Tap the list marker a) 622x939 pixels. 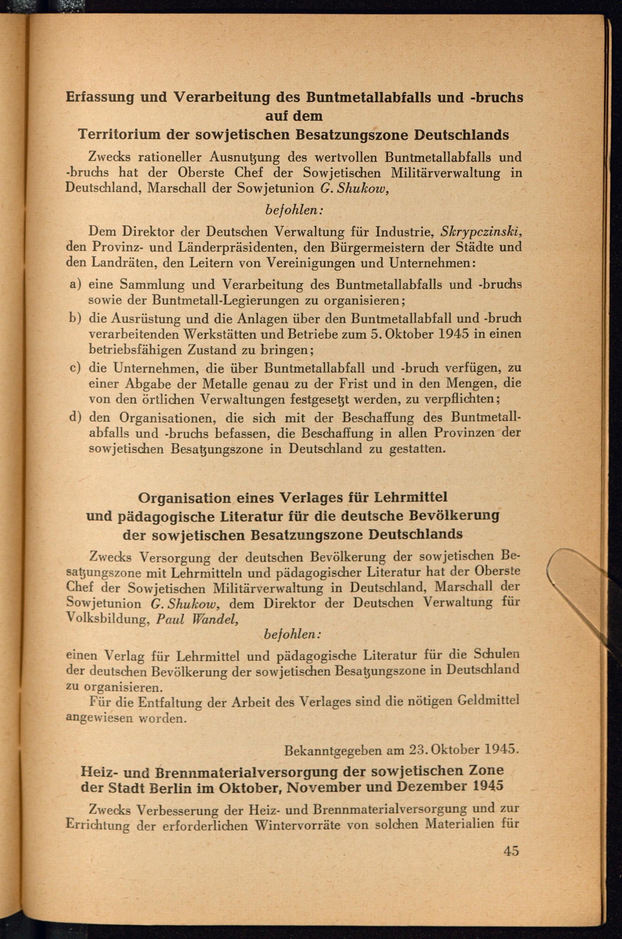pos(75,284)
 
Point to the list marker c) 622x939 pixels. pos(75,368)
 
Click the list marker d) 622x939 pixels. pos(75,417)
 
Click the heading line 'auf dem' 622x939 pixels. pos(294,116)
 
